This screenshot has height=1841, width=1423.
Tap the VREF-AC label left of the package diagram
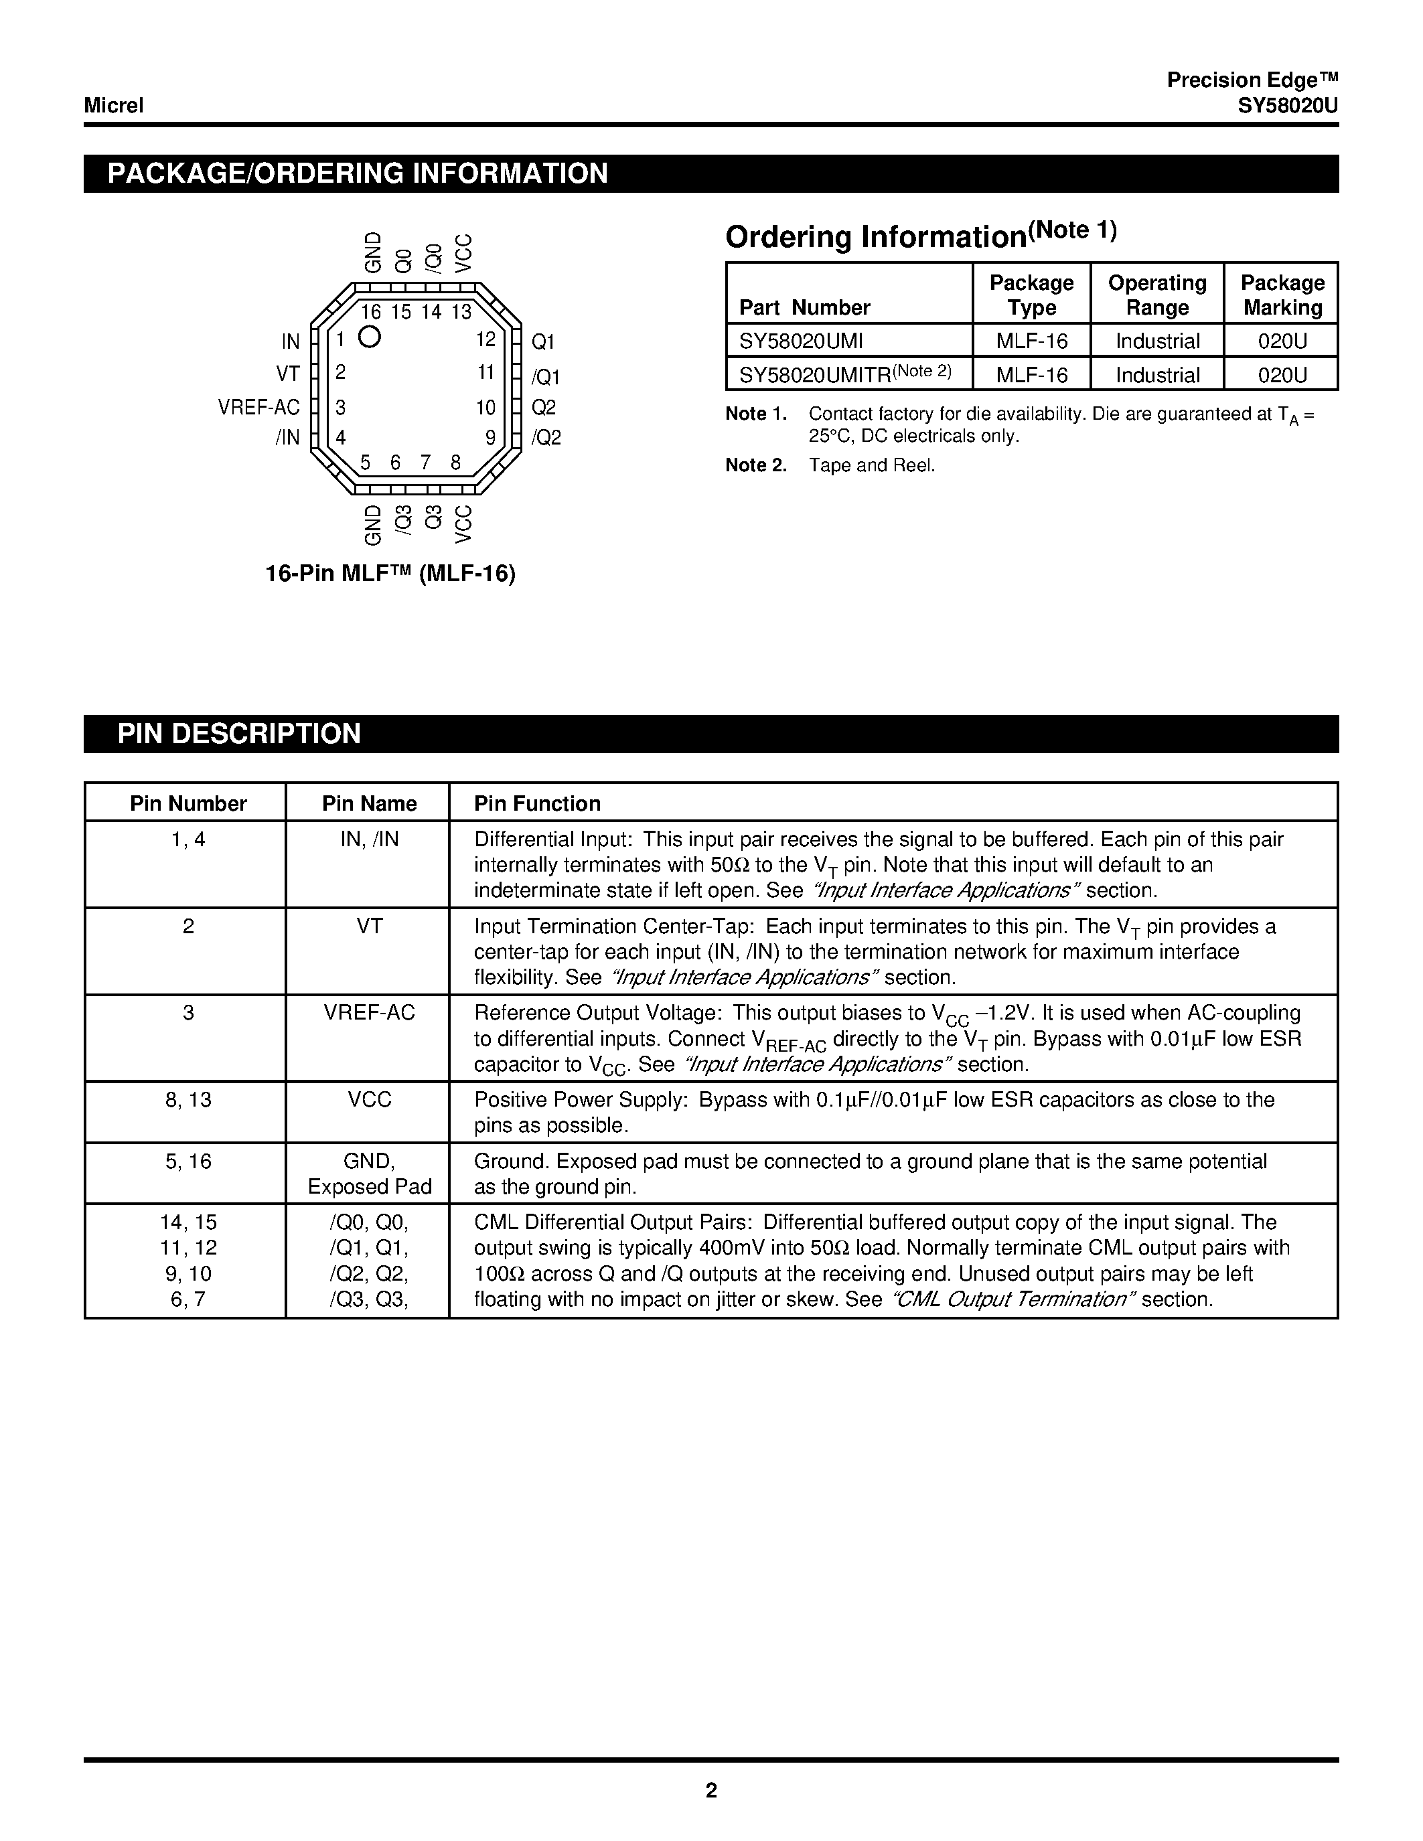(x=258, y=407)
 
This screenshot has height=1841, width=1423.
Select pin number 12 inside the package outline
(x=485, y=339)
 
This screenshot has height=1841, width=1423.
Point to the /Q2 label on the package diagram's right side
(x=546, y=438)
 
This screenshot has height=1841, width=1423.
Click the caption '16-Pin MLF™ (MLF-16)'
(x=390, y=573)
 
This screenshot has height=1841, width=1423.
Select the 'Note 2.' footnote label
(x=755, y=465)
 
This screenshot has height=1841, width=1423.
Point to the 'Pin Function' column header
(x=537, y=803)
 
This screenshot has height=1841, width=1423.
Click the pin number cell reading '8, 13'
(x=188, y=1100)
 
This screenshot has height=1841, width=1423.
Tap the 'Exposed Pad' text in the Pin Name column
(x=369, y=1187)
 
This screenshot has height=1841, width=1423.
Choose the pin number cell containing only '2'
(x=188, y=927)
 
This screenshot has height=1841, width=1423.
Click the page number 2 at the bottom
(x=711, y=1790)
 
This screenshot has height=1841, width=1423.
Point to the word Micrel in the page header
(x=114, y=105)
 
